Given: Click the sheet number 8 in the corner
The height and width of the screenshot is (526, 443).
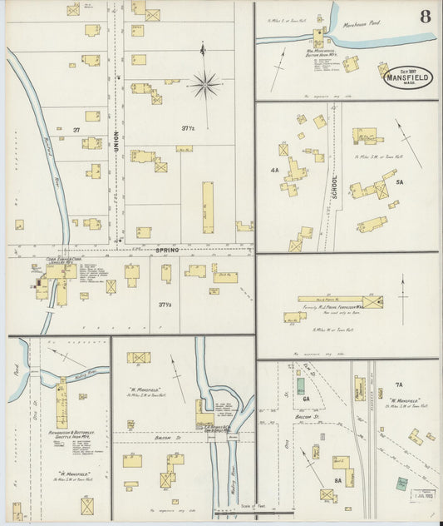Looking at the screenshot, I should pyautogui.click(x=426, y=16).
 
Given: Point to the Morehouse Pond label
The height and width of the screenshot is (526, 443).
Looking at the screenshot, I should pyautogui.click(x=362, y=23).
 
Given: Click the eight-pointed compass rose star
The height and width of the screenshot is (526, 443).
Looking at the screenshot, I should pyautogui.click(x=204, y=83).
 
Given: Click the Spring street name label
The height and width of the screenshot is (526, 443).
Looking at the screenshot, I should pyautogui.click(x=166, y=250).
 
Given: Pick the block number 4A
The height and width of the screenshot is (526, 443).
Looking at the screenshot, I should pyautogui.click(x=273, y=170).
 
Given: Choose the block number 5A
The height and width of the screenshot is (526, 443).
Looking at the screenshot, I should pyautogui.click(x=398, y=182).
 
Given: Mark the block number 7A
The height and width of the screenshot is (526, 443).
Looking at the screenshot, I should pyautogui.click(x=398, y=385).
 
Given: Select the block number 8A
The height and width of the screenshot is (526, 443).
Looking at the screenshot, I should pyautogui.click(x=338, y=481).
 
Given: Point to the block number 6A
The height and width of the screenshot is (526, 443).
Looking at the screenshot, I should pyautogui.click(x=306, y=399).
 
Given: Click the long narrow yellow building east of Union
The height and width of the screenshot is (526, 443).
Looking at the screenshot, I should pyautogui.click(x=207, y=201).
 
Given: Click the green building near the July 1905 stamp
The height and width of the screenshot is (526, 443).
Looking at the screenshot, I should pyautogui.click(x=402, y=483).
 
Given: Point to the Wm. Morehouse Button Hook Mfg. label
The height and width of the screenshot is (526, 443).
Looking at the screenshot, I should pyautogui.click(x=319, y=52).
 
